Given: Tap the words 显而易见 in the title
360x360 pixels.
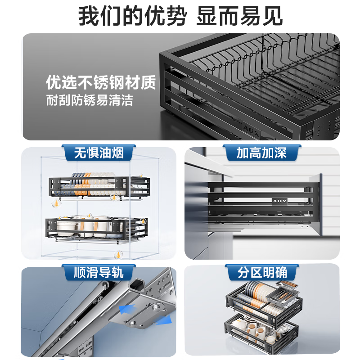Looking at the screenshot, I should click(x=240, y=16).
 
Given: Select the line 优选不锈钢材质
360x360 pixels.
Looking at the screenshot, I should click(x=101, y=83).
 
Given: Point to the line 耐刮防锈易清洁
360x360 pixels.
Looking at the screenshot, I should click(x=90, y=100).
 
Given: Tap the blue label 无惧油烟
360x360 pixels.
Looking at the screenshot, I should click(x=98, y=153).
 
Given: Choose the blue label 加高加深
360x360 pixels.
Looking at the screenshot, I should click(x=261, y=153).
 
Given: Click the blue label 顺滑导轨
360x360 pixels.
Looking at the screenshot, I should click(x=98, y=272).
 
